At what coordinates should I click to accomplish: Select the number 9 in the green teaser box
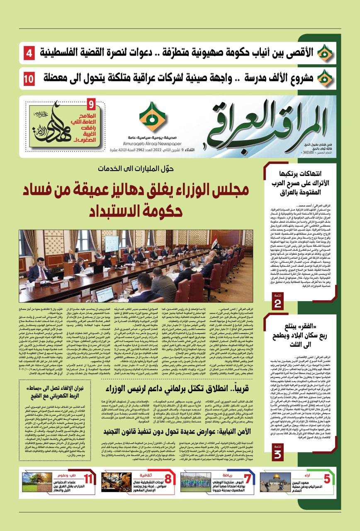click(92, 103)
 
